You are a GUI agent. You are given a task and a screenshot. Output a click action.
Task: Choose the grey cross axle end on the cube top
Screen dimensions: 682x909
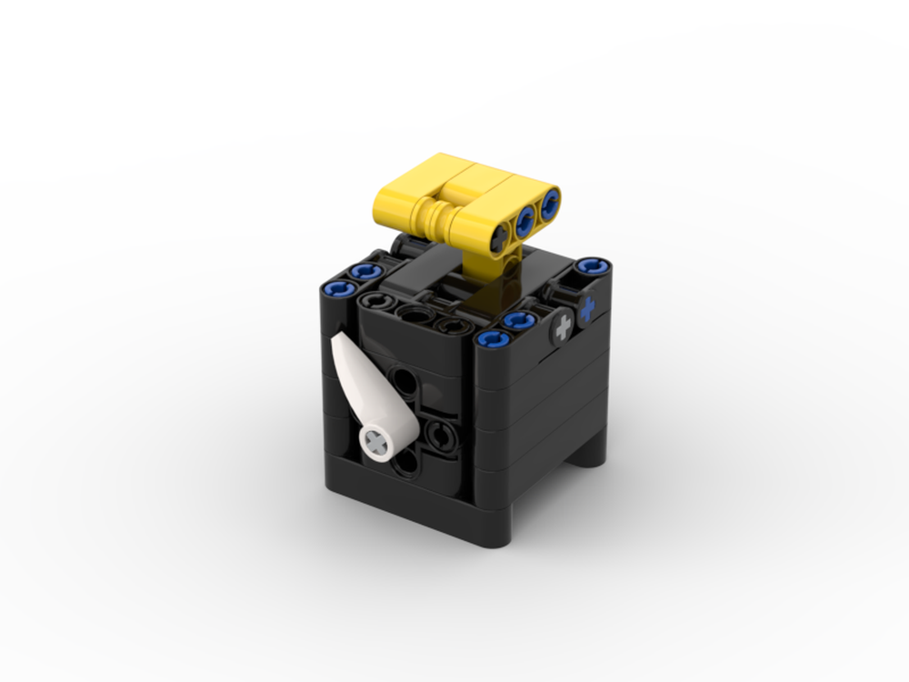(x=564, y=326)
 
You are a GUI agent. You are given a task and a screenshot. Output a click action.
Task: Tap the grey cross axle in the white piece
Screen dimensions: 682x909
(x=376, y=442)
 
